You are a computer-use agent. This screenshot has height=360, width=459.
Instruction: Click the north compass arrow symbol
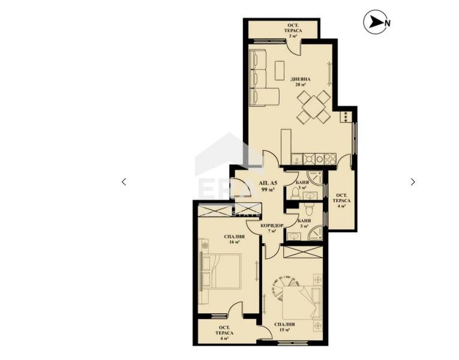[376, 22]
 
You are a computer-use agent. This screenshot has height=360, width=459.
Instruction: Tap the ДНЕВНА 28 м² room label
[301, 82]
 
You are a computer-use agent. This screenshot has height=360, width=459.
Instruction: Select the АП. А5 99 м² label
[268, 187]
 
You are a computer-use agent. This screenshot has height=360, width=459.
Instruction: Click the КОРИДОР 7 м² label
[272, 228]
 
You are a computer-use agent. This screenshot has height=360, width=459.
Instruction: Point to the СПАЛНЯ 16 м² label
[234, 239]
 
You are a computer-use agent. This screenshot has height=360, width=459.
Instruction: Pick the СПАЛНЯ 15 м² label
[284, 327]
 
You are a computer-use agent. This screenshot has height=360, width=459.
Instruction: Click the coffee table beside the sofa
[280, 70]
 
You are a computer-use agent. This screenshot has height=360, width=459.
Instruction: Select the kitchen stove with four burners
[329, 159]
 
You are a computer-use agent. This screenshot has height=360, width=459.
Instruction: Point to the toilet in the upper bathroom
[296, 193]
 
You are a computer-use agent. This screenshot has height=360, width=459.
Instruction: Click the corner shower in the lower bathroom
[315, 233]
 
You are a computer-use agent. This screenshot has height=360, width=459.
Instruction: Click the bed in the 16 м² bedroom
[221, 271]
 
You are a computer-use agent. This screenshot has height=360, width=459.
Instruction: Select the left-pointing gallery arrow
[124, 182]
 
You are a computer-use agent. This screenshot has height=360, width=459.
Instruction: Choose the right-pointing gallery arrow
[413, 182]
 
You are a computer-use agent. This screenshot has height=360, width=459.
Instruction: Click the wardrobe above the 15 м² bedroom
[303, 252]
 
